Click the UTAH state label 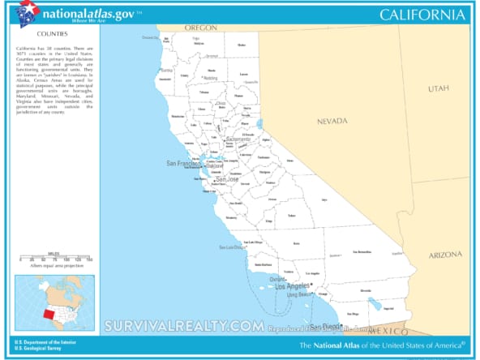click(439, 88)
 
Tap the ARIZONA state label click(445, 255)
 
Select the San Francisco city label click(183, 164)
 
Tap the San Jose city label click(216, 179)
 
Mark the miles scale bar click(55, 258)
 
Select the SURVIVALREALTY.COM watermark click(182, 326)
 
